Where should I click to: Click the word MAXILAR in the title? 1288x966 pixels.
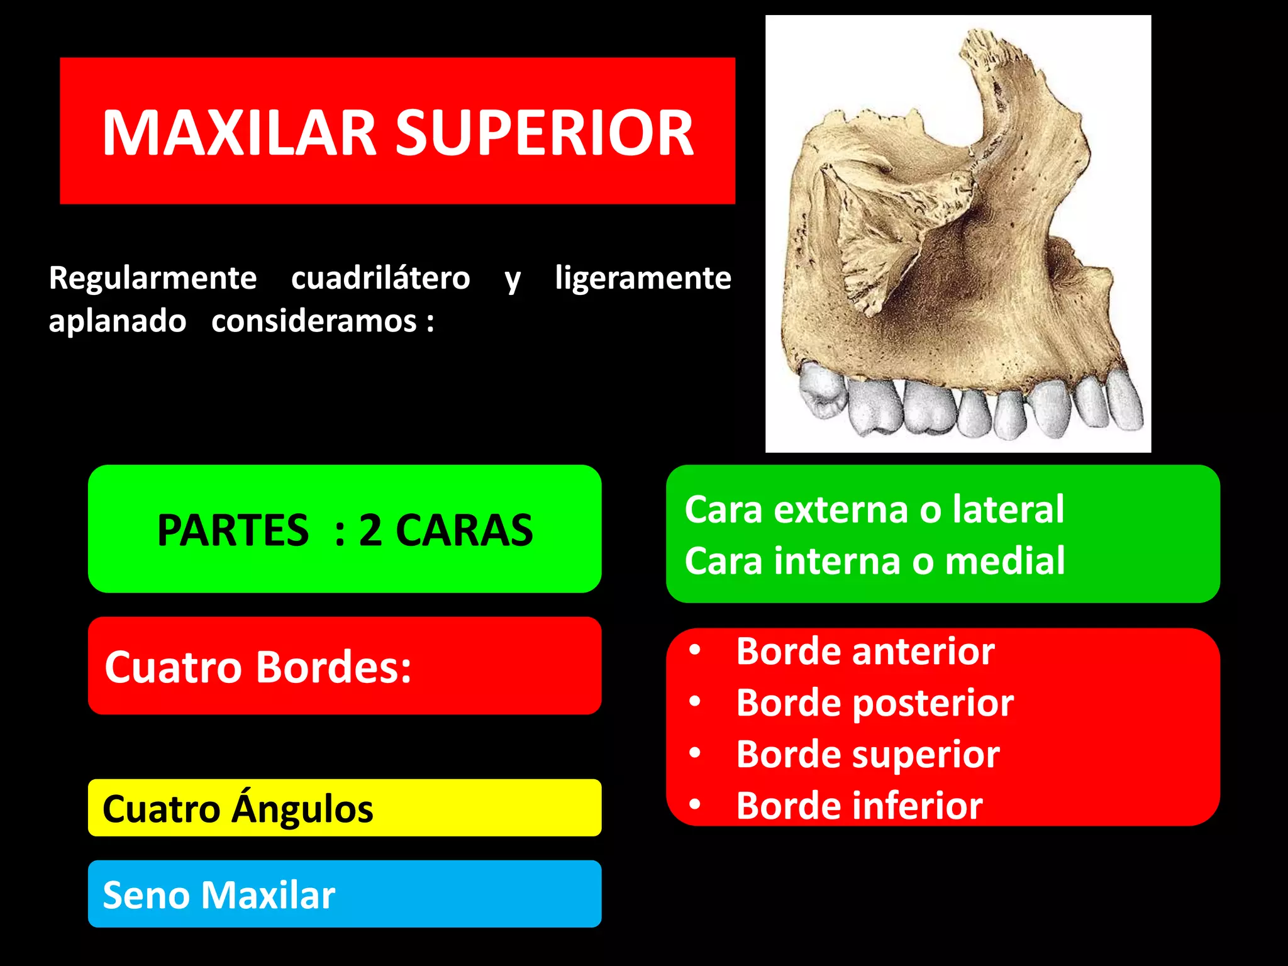coord(239,133)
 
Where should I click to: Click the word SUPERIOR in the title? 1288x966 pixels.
coord(544,133)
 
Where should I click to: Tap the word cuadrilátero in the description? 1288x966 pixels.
coord(380,278)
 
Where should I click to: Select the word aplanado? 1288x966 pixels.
coord(118,321)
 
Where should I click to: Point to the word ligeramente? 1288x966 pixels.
coord(643,278)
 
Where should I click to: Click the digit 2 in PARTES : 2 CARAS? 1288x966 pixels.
coord(370,530)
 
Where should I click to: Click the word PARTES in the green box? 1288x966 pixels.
coord(233,530)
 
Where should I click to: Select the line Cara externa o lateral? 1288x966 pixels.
coord(874,509)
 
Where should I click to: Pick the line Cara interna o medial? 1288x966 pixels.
coord(874,560)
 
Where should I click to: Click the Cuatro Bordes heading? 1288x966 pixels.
coord(258,667)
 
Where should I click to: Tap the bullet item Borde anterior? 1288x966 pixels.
coord(865,651)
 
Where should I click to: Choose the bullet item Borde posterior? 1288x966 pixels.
coord(874,702)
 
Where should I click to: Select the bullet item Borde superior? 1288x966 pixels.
coord(868,754)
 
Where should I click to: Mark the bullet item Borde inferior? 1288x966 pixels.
coord(859,806)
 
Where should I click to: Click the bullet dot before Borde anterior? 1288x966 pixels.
coord(694,650)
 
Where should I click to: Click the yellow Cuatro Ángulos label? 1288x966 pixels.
coord(238,809)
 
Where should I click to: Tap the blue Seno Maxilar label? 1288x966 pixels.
coord(219,895)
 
